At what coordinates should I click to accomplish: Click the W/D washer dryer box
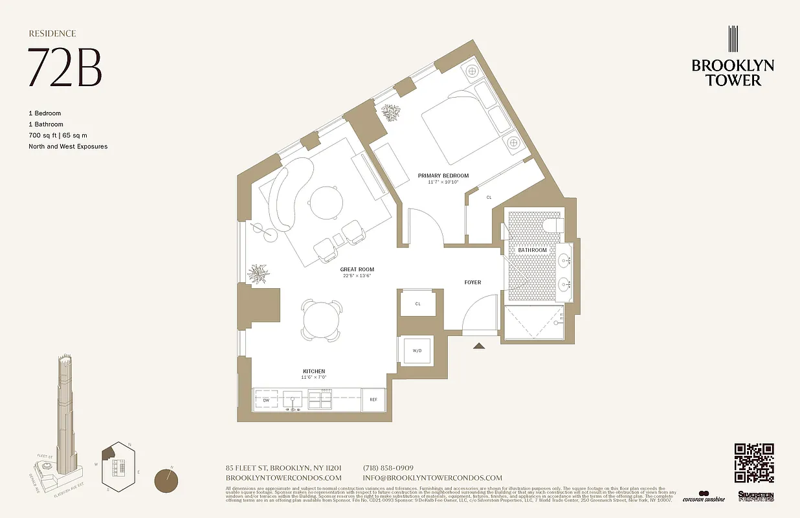click(x=417, y=351)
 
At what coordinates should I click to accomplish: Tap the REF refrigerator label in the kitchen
click(x=373, y=400)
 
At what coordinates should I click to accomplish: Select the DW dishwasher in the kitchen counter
click(x=266, y=400)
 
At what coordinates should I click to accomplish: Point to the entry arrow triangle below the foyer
click(x=479, y=346)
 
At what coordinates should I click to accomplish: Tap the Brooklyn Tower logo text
click(x=733, y=73)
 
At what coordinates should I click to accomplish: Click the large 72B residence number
click(x=65, y=68)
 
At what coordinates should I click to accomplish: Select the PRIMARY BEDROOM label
click(x=443, y=175)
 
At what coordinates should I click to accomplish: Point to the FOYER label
click(x=472, y=282)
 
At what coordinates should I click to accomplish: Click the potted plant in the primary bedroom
click(x=391, y=113)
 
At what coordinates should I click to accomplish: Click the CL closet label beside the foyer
click(x=417, y=303)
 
